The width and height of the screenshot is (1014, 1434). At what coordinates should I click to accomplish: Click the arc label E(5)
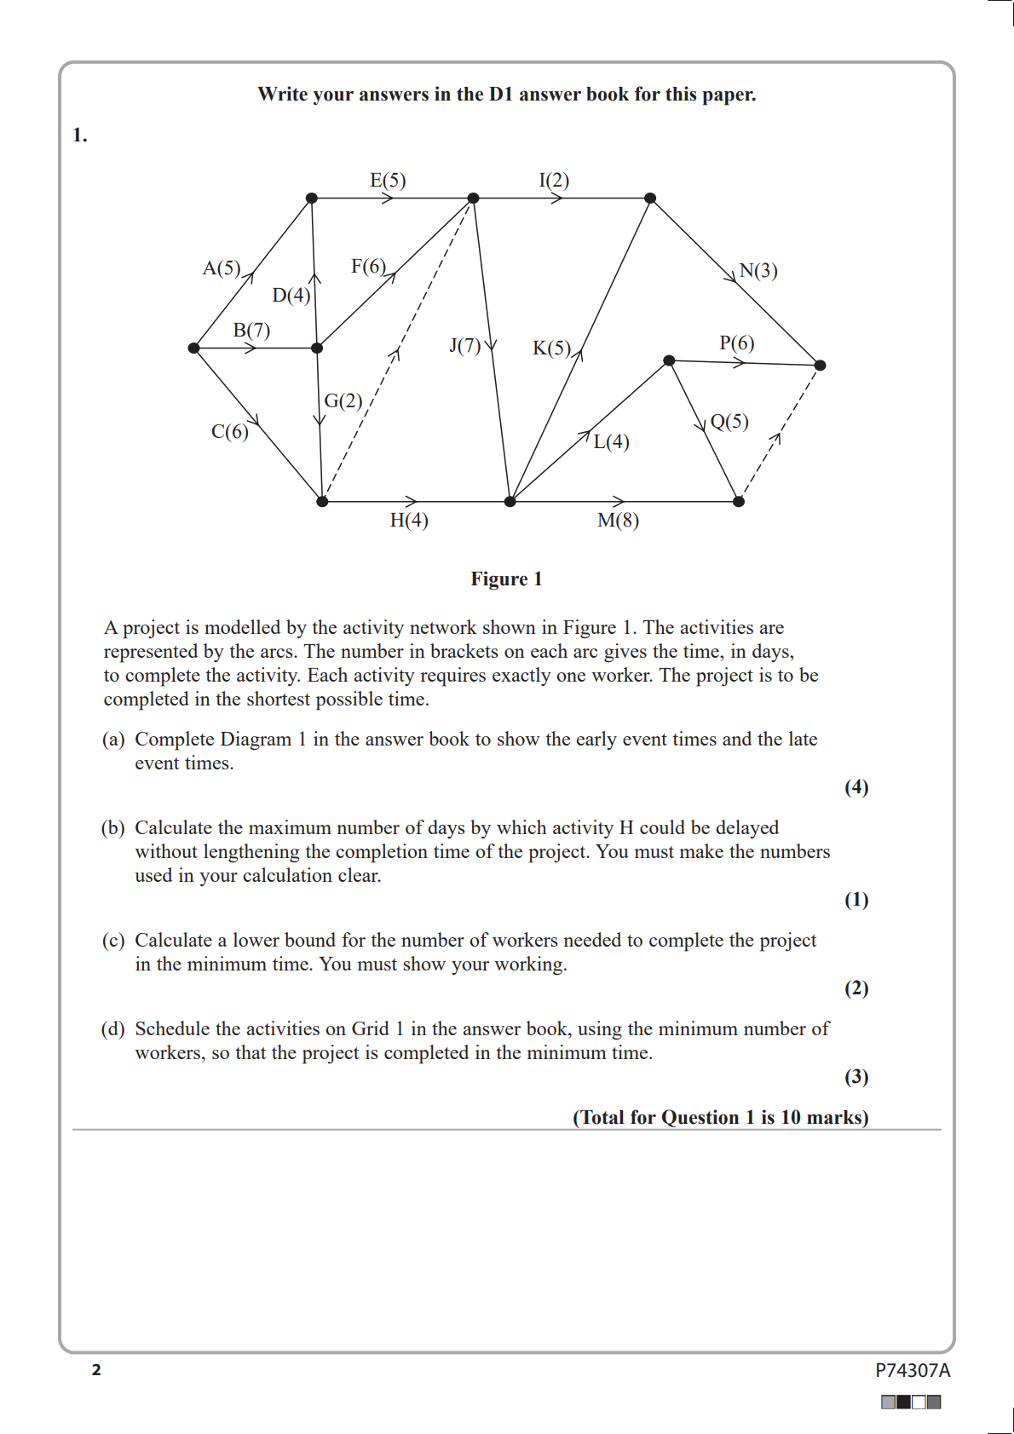pyautogui.click(x=388, y=181)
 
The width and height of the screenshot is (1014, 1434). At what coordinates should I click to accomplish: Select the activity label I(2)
pyautogui.click(x=554, y=181)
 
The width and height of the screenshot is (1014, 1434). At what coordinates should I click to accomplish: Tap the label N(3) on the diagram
pyautogui.click(x=758, y=271)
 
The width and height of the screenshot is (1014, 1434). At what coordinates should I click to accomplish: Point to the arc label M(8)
pyautogui.click(x=618, y=521)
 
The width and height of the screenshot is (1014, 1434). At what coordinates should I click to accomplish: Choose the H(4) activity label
pyautogui.click(x=409, y=521)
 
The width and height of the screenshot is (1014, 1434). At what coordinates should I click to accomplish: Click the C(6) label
pyautogui.click(x=230, y=432)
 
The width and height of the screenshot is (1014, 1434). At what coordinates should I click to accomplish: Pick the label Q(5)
pyautogui.click(x=729, y=422)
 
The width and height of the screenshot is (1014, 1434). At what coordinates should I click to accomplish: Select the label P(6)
pyautogui.click(x=736, y=343)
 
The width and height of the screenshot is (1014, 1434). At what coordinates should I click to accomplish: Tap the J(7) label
pyautogui.click(x=465, y=346)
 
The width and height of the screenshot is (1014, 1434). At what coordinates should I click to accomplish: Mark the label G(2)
pyautogui.click(x=343, y=400)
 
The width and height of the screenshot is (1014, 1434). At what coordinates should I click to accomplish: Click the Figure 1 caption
pyautogui.click(x=506, y=579)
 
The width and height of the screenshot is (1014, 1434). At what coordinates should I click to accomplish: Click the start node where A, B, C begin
pyautogui.click(x=194, y=348)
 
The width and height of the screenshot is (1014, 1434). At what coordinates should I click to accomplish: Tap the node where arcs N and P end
pyautogui.click(x=820, y=366)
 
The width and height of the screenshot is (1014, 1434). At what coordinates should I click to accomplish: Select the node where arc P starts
pyautogui.click(x=669, y=360)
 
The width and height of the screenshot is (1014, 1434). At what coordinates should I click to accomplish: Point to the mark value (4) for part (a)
pyautogui.click(x=856, y=787)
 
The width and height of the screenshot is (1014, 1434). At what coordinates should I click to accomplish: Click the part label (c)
pyautogui.click(x=113, y=941)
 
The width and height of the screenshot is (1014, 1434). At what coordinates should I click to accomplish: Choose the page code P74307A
pyautogui.click(x=912, y=1370)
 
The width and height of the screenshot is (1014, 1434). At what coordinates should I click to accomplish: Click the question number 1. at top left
pyautogui.click(x=80, y=135)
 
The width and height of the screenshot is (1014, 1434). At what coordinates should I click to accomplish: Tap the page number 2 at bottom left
pyautogui.click(x=96, y=1370)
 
